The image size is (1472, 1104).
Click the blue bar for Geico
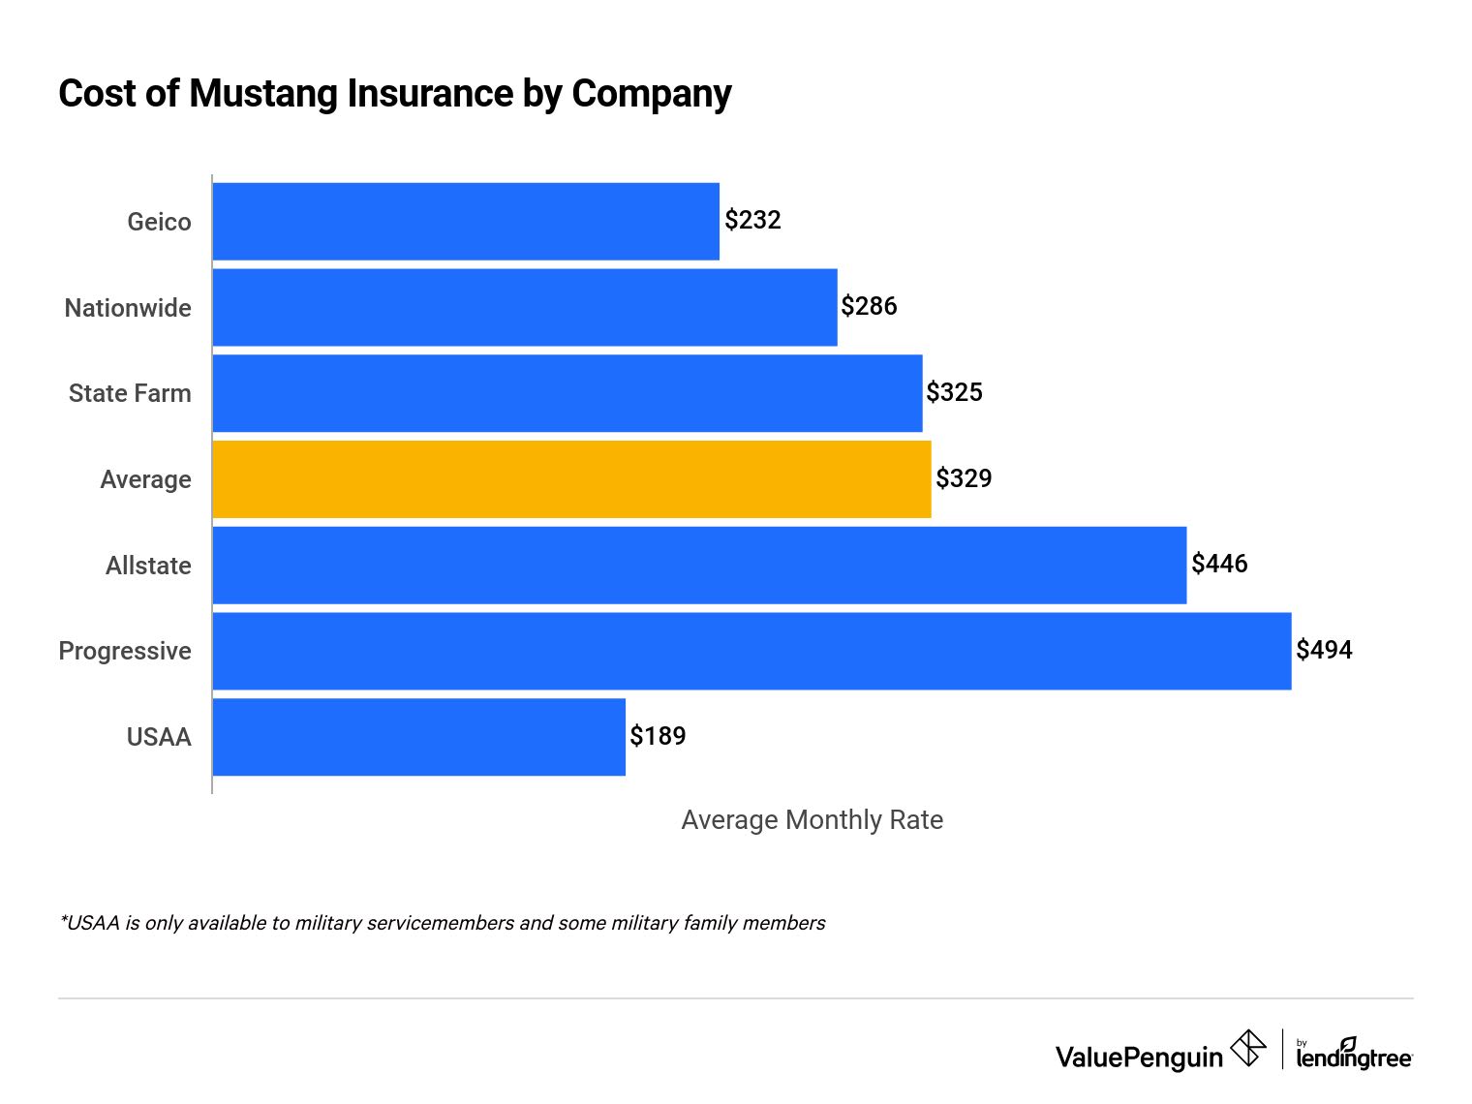pos(466,222)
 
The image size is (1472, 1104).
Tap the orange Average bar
pos(571,479)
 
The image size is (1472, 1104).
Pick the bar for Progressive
pos(751,651)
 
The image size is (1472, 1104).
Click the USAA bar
pos(418,737)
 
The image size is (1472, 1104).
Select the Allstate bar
pos(699,566)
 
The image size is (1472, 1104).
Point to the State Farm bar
pos(567,393)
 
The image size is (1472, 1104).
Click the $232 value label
pos(752,220)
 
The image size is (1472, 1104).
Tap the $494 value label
pos(1324,650)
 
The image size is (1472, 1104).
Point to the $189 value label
pos(658,736)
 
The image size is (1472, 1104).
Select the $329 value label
pos(964,478)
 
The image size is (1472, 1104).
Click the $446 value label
pos(1219,564)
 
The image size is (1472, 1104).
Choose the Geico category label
pos(159,222)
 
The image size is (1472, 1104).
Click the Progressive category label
pos(125,651)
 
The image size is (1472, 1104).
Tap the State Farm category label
pos(130,393)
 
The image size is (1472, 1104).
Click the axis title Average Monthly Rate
pos(812,820)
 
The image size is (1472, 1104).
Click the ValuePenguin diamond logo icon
pos(1248,1049)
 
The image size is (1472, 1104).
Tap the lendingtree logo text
pos(1354,1058)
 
